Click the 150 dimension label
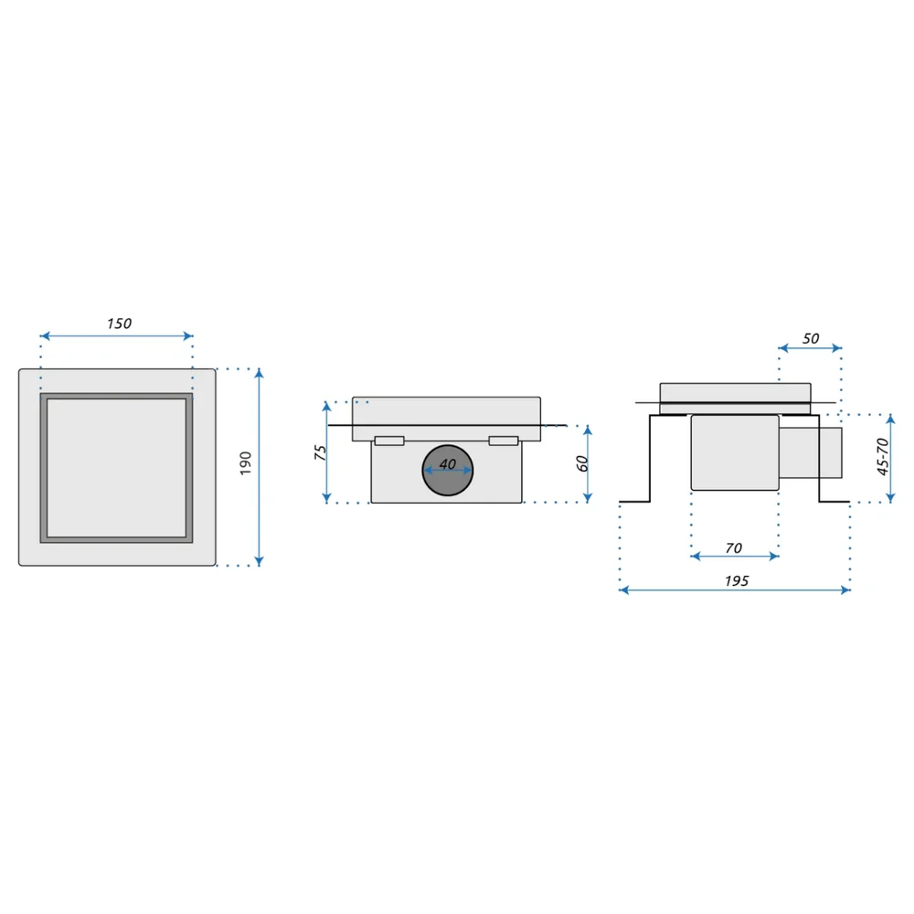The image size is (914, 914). click(120, 324)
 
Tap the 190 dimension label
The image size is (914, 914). click(245, 462)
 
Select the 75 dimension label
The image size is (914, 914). click(320, 452)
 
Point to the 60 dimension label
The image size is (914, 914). click(581, 463)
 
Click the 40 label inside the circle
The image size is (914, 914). click(447, 464)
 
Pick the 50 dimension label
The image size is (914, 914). click(811, 339)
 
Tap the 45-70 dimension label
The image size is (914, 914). click(883, 456)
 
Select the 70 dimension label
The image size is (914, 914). click(734, 547)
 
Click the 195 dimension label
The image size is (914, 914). click(737, 580)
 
